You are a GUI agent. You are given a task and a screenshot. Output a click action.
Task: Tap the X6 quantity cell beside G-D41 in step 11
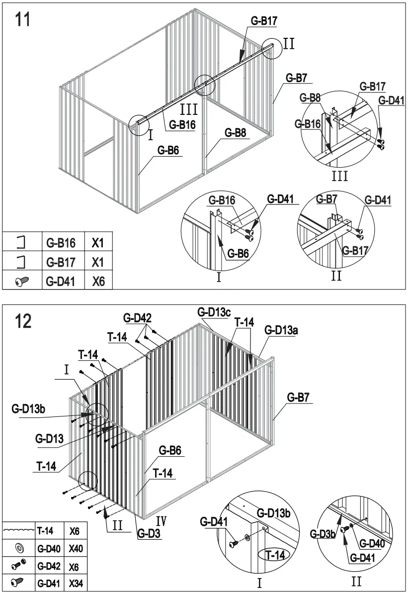click(x=98, y=281)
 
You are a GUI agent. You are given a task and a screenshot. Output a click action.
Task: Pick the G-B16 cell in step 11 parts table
click(x=61, y=243)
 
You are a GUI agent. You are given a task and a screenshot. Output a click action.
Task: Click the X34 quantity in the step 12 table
click(x=75, y=582)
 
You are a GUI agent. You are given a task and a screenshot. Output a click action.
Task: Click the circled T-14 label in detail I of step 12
click(x=274, y=555)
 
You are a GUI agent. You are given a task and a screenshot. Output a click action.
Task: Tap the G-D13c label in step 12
click(x=214, y=312)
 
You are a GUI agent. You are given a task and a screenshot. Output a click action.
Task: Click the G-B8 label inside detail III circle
click(x=312, y=98)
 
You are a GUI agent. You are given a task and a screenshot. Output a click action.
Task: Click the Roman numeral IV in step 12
click(x=161, y=521)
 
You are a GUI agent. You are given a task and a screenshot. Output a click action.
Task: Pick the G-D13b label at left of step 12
click(x=28, y=409)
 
